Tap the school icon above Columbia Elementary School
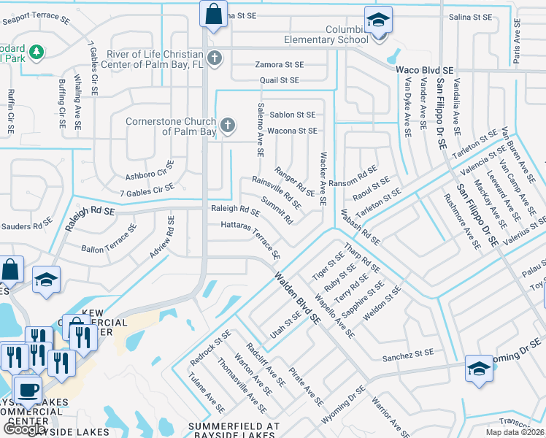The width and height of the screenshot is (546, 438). pos(378,20)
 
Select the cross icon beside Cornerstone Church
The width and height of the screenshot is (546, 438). pos(228,126)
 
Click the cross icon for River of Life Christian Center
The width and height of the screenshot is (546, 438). pos(214,57)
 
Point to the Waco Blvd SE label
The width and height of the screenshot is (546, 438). pos(425,69)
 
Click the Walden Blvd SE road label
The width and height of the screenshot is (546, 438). pos(297,298)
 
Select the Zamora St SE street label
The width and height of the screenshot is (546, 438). pos(279,65)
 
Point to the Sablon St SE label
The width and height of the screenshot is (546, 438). pos(292,115)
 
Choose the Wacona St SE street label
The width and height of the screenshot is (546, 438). pos(292,131)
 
